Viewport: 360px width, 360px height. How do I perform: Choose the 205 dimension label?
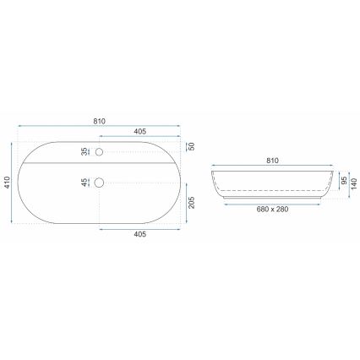point(192,204)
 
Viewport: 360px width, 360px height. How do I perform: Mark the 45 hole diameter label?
point(84,182)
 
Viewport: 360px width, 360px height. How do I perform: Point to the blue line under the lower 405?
point(139,228)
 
